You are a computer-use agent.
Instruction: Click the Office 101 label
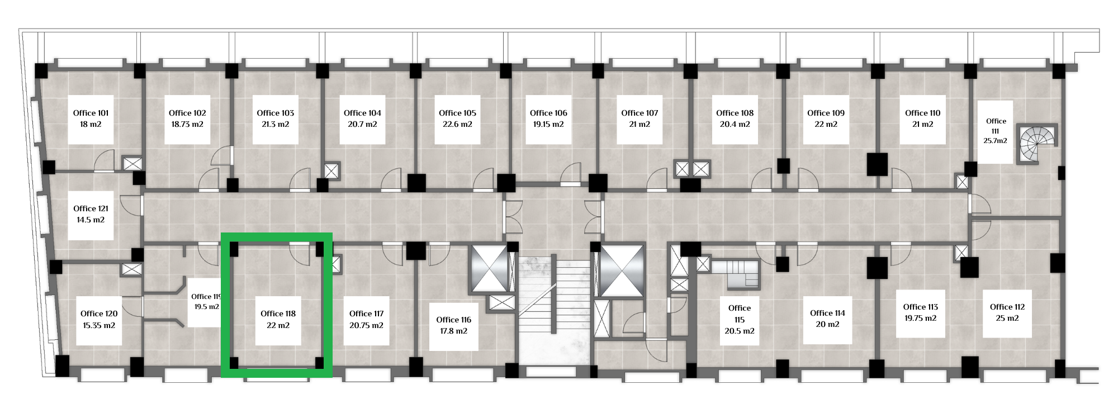pos(91,113)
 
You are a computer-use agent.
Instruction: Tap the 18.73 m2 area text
pos(187,125)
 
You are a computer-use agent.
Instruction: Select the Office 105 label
pos(457,113)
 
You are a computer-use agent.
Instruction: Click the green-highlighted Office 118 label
pos(278,314)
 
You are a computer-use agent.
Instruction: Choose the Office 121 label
pos(91,208)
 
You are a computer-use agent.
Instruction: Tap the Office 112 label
pos(1007,307)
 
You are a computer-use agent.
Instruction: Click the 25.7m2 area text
pos(996,141)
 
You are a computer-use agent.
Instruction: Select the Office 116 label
pos(453,320)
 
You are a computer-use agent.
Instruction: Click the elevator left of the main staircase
pos(489,268)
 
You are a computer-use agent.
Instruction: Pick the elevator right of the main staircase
pos(622,270)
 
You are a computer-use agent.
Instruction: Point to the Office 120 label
pos(99,314)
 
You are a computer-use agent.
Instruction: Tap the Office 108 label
pos(735,113)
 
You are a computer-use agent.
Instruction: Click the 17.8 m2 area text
pos(453,331)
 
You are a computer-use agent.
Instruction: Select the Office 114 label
pos(827,313)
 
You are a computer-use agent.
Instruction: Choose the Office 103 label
pos(275,113)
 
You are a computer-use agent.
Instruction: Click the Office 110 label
pos(922,113)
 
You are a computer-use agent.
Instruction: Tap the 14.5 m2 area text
pos(91,220)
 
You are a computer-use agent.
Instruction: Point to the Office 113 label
pos(920,307)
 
